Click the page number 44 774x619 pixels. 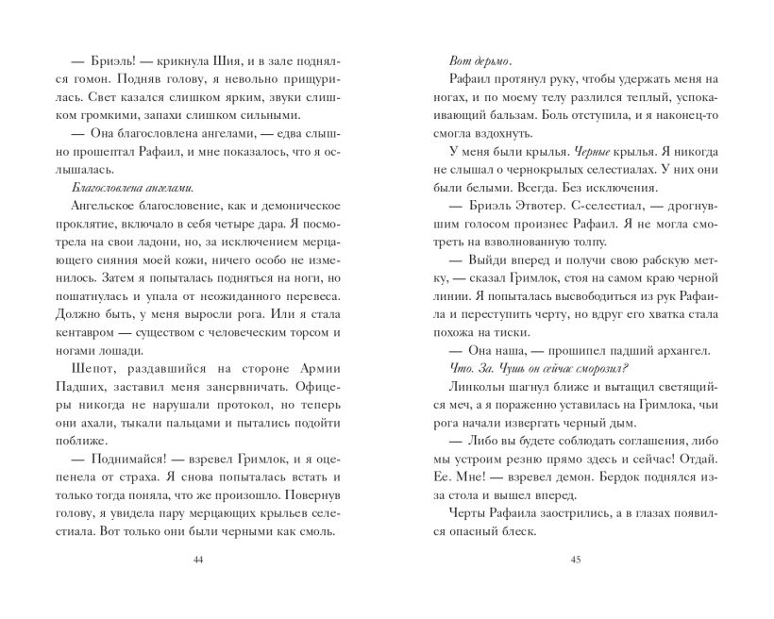click(x=198, y=560)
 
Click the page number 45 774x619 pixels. click(x=575, y=560)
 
